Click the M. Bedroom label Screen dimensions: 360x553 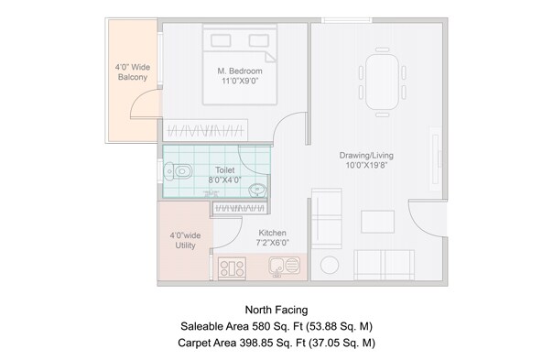pos(240,71)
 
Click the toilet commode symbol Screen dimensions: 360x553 pos(179,171)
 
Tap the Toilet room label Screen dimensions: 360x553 pos(224,170)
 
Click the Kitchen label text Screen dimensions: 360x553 pos(274,233)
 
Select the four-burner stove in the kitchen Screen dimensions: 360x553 pos(232,268)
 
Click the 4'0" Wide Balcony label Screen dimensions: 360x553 pos(132,71)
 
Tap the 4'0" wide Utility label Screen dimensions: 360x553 pos(184,241)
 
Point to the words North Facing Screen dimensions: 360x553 pos(276,310)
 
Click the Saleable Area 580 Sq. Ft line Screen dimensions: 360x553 pos(276,326)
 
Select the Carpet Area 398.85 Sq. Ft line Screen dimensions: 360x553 pos(276,343)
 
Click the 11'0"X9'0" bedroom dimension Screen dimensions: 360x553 pos(240,82)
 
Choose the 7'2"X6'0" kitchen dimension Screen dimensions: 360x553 pos(274,244)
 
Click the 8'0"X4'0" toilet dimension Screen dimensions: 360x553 pos(224,181)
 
